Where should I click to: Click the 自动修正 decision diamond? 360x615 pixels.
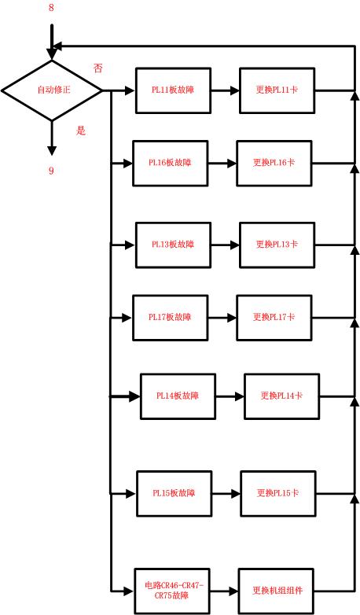click(52, 90)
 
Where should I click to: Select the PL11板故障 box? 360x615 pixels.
click(173, 90)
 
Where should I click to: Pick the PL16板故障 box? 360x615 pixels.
click(171, 163)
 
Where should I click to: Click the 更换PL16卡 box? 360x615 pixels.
click(274, 163)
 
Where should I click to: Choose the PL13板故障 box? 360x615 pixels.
click(173, 245)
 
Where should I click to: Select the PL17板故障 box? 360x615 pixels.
click(171, 317)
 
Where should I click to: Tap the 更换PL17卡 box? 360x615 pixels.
click(274, 317)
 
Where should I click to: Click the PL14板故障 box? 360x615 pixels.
click(178, 396)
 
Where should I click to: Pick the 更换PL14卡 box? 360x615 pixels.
click(282, 396)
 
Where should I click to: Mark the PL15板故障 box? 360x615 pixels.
click(174, 493)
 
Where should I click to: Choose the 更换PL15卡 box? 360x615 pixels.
click(278, 493)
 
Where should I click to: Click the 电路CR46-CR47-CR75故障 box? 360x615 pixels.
click(174, 591)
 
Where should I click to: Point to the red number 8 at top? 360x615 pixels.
click(51, 9)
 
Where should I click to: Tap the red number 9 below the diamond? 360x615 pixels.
click(52, 171)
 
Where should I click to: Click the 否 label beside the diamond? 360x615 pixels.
click(98, 68)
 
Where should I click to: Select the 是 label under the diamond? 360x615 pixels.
click(80, 131)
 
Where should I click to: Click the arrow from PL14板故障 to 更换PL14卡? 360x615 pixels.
click(230, 396)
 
